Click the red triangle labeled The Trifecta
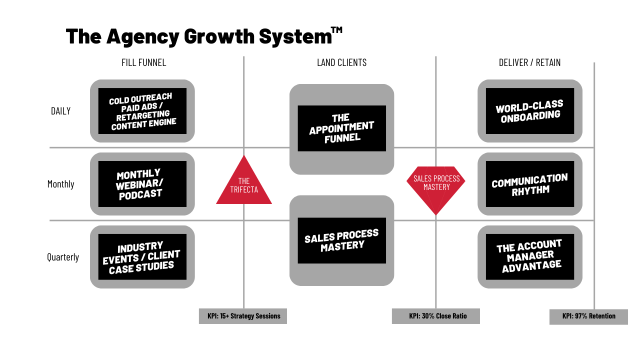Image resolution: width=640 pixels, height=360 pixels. pos(244,185)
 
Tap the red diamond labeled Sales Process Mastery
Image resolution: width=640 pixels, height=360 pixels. pos(436,185)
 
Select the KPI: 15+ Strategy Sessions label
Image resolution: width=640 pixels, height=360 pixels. pos(243,316)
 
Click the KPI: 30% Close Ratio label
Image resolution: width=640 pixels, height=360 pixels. pos(436,316)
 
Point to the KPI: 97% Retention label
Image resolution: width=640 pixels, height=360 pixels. pos(588,316)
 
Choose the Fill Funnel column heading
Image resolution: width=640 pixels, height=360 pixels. pos(143,62)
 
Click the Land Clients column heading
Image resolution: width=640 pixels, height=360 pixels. pos(341,62)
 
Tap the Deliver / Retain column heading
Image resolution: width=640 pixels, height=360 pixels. pos(529,62)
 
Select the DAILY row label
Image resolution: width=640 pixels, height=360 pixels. pos(61,111)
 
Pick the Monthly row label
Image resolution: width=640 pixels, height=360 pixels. pos(60,184)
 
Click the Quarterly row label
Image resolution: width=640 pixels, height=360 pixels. pos(63,257)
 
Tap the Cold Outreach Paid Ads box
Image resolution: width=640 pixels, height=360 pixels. pos(142,111)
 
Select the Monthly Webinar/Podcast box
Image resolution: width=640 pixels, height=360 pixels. pos(142,184)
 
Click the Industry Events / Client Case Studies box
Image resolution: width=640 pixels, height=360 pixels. pos(142,257)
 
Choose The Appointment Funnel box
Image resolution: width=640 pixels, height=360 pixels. pos(341,128)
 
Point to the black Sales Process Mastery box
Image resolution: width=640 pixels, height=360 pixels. pos(341,240)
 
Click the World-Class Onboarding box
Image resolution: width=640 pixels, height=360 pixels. pos(530,111)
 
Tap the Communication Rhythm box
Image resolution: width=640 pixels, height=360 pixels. pos(530,184)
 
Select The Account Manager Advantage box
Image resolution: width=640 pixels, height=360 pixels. pos(530,257)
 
